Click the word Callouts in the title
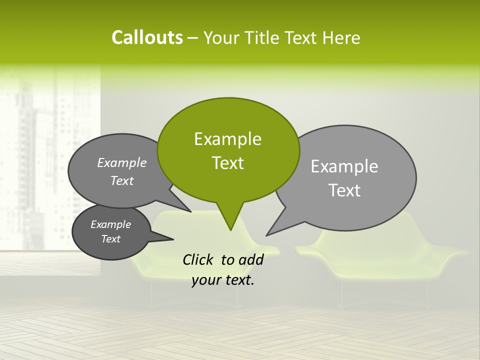[147, 38]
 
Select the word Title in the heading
[264, 38]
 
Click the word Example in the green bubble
[227, 139]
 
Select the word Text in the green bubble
[227, 163]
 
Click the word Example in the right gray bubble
[344, 166]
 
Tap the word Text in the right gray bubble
[344, 190]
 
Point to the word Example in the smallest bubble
[110, 224]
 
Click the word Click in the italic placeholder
[198, 259]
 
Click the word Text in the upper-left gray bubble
[122, 181]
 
